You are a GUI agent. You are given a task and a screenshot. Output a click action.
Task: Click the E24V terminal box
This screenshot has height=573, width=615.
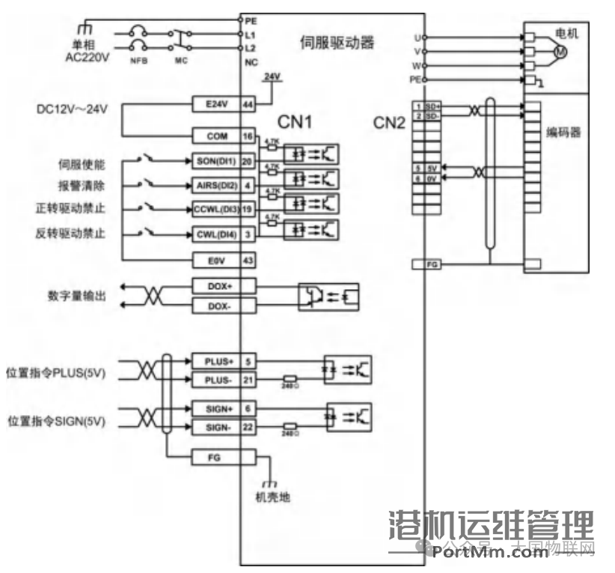click(215, 106)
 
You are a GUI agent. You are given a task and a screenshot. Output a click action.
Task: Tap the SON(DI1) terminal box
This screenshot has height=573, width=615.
click(215, 161)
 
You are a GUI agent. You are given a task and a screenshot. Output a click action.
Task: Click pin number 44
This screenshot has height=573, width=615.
click(247, 106)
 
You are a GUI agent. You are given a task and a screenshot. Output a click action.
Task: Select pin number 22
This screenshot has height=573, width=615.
click(247, 427)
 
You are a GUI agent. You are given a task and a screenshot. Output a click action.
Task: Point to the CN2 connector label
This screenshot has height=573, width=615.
click(389, 123)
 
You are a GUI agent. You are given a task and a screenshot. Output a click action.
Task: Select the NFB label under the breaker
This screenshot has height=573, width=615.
click(138, 60)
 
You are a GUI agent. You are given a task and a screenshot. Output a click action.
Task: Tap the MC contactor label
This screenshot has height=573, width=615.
click(180, 60)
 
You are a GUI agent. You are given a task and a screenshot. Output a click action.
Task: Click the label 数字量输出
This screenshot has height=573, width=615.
click(76, 296)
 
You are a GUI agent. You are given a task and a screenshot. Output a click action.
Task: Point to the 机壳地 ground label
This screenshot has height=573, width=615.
click(272, 497)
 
